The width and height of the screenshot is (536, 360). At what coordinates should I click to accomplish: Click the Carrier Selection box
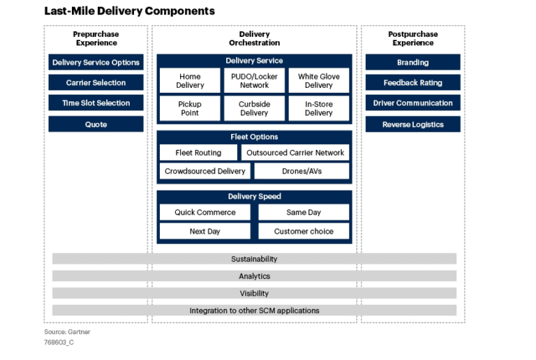tap(96, 82)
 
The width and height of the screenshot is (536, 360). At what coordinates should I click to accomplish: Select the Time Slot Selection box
tap(96, 103)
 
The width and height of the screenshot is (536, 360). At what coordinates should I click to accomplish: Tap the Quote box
tap(96, 124)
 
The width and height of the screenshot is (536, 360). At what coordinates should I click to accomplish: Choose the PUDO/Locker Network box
tap(254, 81)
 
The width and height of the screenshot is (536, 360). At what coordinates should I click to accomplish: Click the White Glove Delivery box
tap(319, 81)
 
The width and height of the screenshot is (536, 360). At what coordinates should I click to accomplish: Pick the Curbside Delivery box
tap(254, 108)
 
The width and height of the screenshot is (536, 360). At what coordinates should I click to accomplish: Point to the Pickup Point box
tap(190, 108)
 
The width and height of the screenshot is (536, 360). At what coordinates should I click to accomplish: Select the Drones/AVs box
tap(301, 171)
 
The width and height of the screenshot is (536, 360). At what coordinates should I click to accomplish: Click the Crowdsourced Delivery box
tap(205, 171)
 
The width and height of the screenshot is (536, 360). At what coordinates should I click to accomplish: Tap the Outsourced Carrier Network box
tap(295, 153)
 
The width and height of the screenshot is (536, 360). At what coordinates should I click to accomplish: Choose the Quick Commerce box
tap(205, 212)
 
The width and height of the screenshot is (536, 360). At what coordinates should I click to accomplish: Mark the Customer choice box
tap(304, 231)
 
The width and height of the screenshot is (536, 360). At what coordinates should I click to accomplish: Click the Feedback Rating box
tap(413, 82)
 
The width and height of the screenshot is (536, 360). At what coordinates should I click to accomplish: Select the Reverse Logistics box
tap(413, 124)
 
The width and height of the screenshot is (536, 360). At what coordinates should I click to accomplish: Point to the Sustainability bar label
tap(254, 259)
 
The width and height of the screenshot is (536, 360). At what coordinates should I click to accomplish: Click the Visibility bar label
tap(254, 294)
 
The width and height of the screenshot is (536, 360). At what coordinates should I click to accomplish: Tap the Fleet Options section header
tap(254, 137)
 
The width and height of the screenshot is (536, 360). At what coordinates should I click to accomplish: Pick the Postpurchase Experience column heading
tap(413, 38)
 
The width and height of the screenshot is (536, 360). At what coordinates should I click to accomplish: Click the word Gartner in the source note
tap(79, 331)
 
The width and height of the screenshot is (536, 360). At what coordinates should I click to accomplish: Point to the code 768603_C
tap(59, 343)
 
